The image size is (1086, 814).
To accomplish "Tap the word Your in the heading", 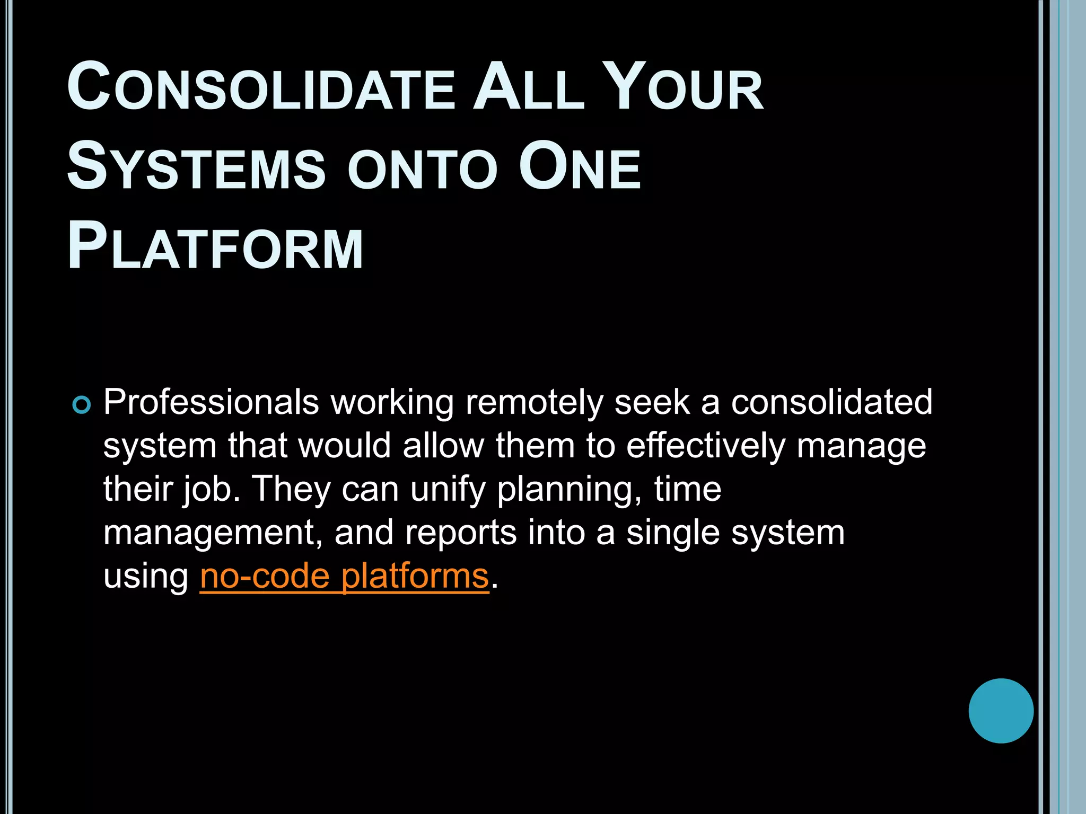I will click(x=685, y=87).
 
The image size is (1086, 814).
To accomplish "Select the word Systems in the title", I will click(x=196, y=166).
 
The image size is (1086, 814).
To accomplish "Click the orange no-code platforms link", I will click(x=344, y=576).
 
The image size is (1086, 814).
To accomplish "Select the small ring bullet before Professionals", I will click(x=82, y=405).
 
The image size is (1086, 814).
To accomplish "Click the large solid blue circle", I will click(x=1001, y=711).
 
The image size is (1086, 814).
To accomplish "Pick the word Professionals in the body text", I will click(x=211, y=402).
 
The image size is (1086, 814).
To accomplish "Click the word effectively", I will click(x=705, y=446).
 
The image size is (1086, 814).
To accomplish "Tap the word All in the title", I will click(x=528, y=87).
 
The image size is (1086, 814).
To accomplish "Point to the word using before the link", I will click(x=146, y=576).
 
